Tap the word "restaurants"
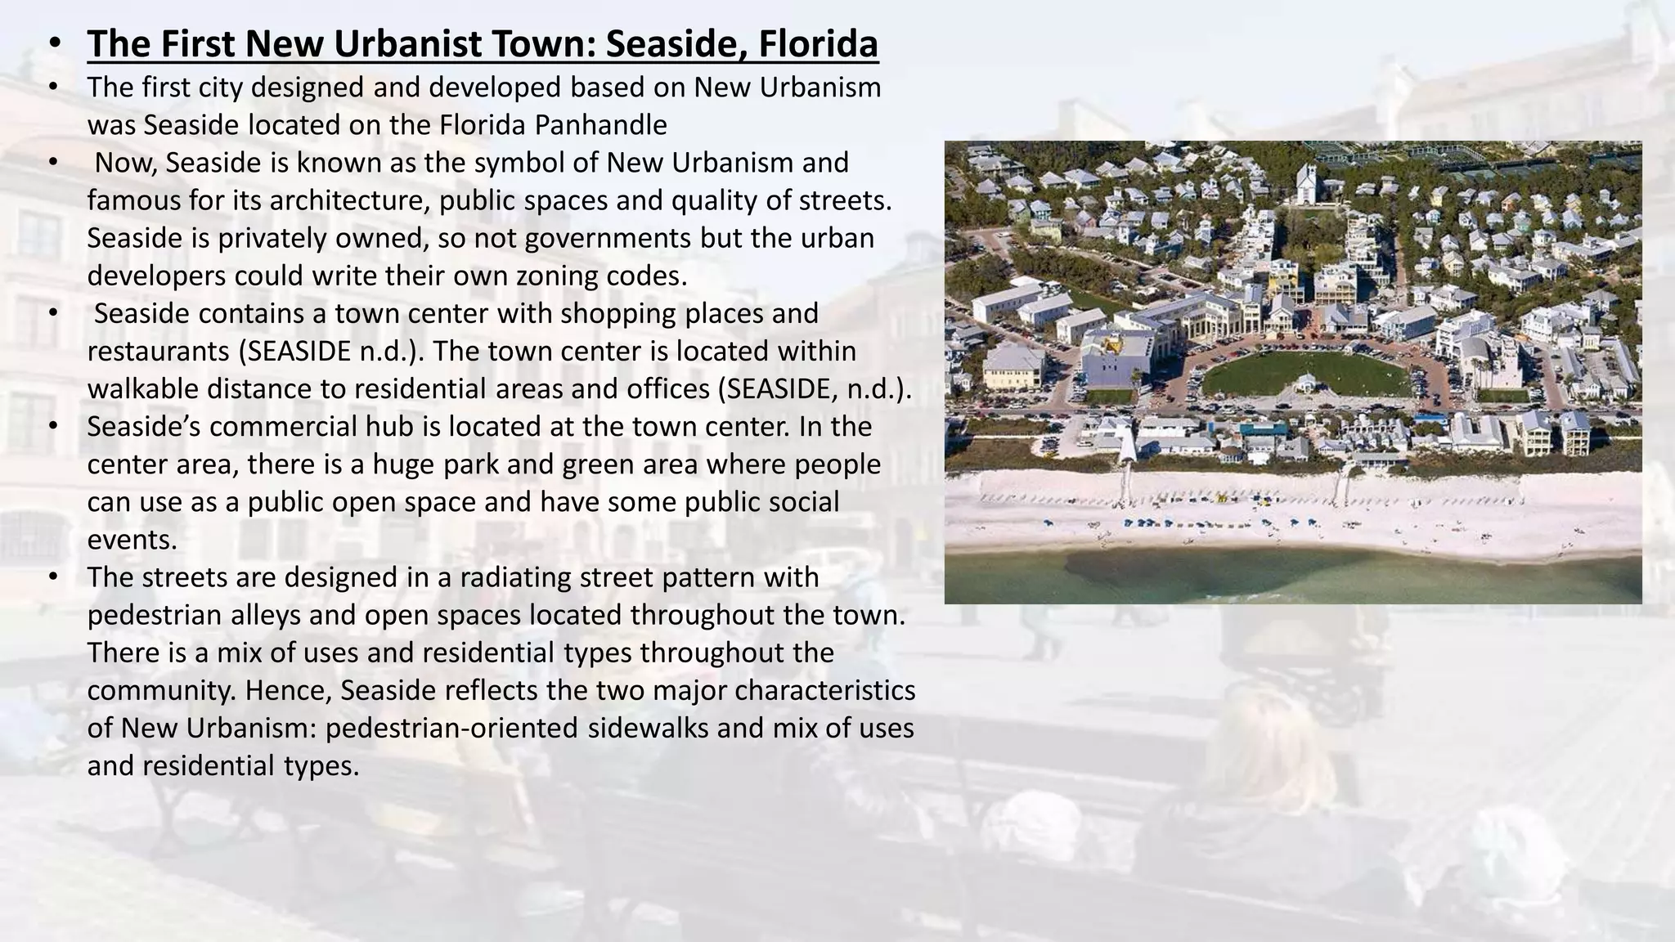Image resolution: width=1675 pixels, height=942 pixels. [x=159, y=351]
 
